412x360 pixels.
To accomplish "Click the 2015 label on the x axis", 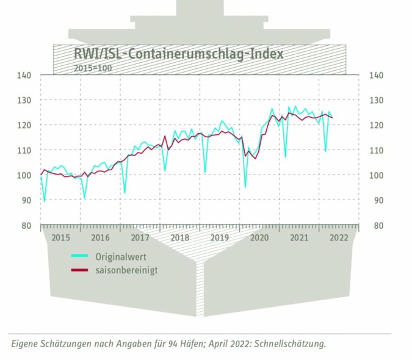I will pos(60,237).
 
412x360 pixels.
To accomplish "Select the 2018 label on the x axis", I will pos(179,237).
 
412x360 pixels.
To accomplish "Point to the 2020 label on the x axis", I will pos(259,237).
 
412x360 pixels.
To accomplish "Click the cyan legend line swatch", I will pos(81,257).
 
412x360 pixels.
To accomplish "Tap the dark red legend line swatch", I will pos(81,270).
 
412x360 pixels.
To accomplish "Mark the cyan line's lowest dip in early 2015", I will pos(44,200).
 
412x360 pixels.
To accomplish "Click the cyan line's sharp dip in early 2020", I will pos(245,187).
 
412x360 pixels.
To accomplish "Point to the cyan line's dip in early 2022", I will pos(325,151).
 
